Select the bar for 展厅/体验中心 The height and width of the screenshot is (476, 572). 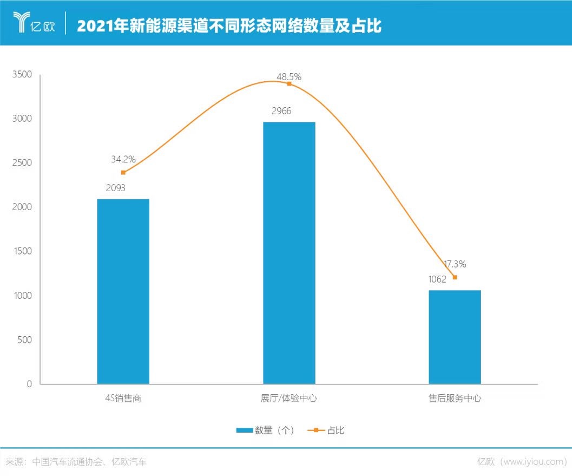[x=289, y=253]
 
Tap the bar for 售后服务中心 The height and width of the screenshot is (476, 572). [x=455, y=337]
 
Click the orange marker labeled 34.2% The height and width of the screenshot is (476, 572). [x=123, y=173]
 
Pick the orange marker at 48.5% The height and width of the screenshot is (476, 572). [x=289, y=84]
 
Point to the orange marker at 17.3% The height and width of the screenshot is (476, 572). [x=455, y=277]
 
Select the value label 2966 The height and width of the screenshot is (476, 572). [x=281, y=111]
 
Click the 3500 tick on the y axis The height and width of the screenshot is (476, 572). [x=22, y=74]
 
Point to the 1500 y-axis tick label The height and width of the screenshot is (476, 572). [x=22, y=251]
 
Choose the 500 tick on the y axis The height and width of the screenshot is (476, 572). [x=25, y=340]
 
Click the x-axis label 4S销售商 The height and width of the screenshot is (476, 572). [x=124, y=399]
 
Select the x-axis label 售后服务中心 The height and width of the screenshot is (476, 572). [x=455, y=399]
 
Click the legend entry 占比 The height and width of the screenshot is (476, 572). [x=336, y=431]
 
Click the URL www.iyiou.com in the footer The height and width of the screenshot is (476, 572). [x=534, y=462]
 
